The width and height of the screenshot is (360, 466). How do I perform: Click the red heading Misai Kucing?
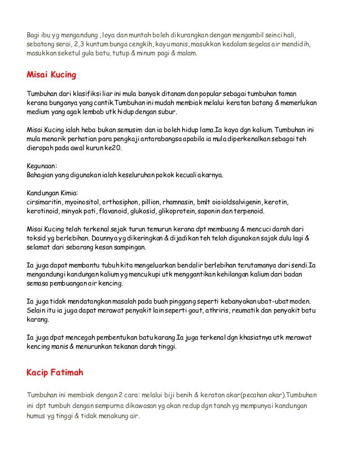click(51, 74)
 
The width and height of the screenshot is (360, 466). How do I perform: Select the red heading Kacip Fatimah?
click(57, 373)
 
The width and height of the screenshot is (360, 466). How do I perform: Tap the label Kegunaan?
click(43, 167)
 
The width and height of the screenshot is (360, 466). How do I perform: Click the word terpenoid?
click(255, 211)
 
